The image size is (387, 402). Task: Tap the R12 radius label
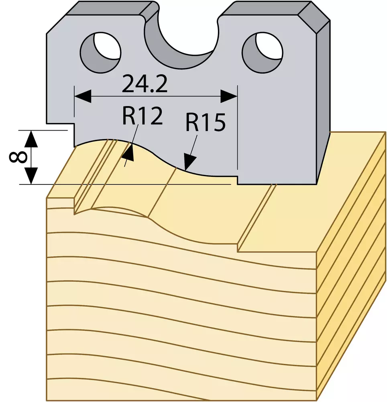pos(142,116)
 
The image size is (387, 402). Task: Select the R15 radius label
pos(206,122)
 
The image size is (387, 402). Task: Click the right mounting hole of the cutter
pos(263,50)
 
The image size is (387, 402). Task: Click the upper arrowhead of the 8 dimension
pos(31,139)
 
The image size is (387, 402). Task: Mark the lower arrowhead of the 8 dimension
pos(31,176)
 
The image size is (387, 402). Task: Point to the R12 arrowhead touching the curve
pos(128,153)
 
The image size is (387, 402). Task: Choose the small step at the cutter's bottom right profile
pos(238,180)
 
